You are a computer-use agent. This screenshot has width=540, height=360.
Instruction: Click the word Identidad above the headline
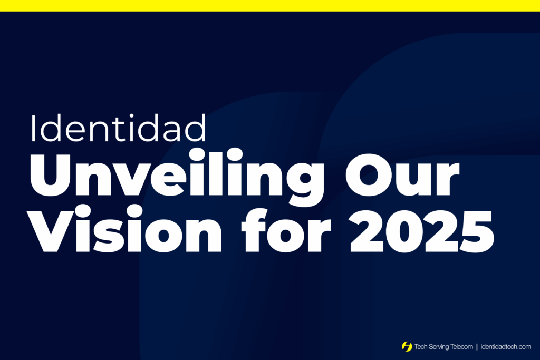pyautogui.click(x=118, y=128)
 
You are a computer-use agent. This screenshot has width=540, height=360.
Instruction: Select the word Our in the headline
pyautogui.click(x=402, y=174)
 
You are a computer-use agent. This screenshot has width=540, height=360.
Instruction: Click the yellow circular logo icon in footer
pyautogui.click(x=407, y=346)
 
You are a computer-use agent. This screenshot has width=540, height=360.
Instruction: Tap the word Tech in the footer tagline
pyautogui.click(x=421, y=347)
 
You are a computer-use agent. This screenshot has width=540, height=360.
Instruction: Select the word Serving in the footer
pyautogui.click(x=439, y=347)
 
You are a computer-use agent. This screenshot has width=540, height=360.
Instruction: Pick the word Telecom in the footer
pyautogui.click(x=462, y=347)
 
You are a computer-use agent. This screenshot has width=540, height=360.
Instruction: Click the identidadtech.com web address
pyautogui.click(x=506, y=347)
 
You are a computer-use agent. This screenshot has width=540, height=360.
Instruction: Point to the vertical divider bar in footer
pyautogui.click(x=477, y=347)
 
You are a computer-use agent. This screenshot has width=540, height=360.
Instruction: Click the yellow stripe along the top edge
pyautogui.click(x=270, y=5)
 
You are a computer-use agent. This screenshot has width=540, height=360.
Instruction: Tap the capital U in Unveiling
pyautogui.click(x=50, y=175)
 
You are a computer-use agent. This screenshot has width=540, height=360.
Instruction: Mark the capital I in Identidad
pyautogui.click(x=33, y=128)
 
